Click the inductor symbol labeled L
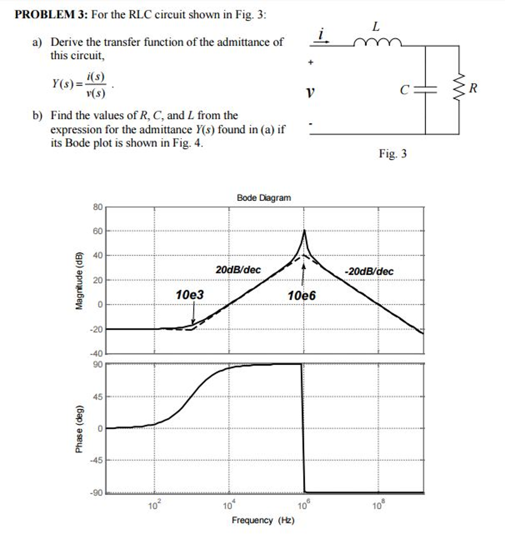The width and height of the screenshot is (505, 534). (x=378, y=41)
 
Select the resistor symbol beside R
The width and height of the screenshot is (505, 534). (x=459, y=90)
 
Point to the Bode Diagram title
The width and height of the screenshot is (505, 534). (x=264, y=198)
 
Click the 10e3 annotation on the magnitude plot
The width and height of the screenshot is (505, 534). (x=190, y=296)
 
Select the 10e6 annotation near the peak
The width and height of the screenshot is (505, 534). (x=302, y=296)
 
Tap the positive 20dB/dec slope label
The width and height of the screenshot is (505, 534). (x=238, y=270)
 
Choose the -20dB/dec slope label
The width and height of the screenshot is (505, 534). (x=369, y=271)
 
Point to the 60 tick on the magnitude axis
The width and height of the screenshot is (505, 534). (x=98, y=230)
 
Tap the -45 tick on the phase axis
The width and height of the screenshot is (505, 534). (x=97, y=460)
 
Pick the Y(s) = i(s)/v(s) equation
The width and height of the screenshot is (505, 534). (x=79, y=86)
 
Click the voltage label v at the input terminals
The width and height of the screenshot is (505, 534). (x=310, y=93)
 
